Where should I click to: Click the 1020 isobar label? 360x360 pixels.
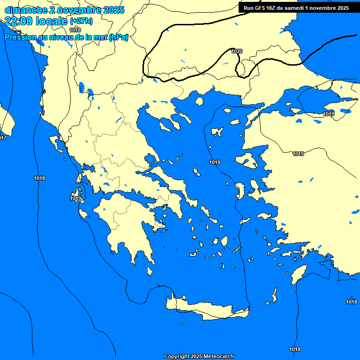[x=237, y=51]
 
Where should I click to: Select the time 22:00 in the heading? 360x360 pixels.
[x=19, y=21]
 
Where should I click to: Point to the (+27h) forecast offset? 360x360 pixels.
[x=81, y=21]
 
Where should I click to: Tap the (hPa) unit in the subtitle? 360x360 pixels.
[x=119, y=37]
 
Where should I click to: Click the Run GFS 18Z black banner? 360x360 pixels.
[x=296, y=8]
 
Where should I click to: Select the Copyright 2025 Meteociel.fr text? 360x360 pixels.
[x=199, y=357]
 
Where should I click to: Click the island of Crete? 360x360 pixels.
[x=206, y=309]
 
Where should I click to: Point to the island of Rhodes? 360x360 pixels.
[x=299, y=274]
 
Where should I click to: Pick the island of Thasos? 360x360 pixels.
[x=199, y=101]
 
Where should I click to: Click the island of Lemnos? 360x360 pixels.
[x=217, y=131]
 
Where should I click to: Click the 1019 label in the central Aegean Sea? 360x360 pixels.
[x=215, y=162]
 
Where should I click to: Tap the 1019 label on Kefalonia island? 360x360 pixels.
[x=76, y=198]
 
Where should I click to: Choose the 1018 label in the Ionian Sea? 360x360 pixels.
[x=39, y=178]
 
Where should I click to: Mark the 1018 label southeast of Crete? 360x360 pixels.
[x=295, y=349]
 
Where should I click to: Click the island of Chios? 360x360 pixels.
[x=240, y=191]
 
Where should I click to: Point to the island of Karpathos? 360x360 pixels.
[x=275, y=295]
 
